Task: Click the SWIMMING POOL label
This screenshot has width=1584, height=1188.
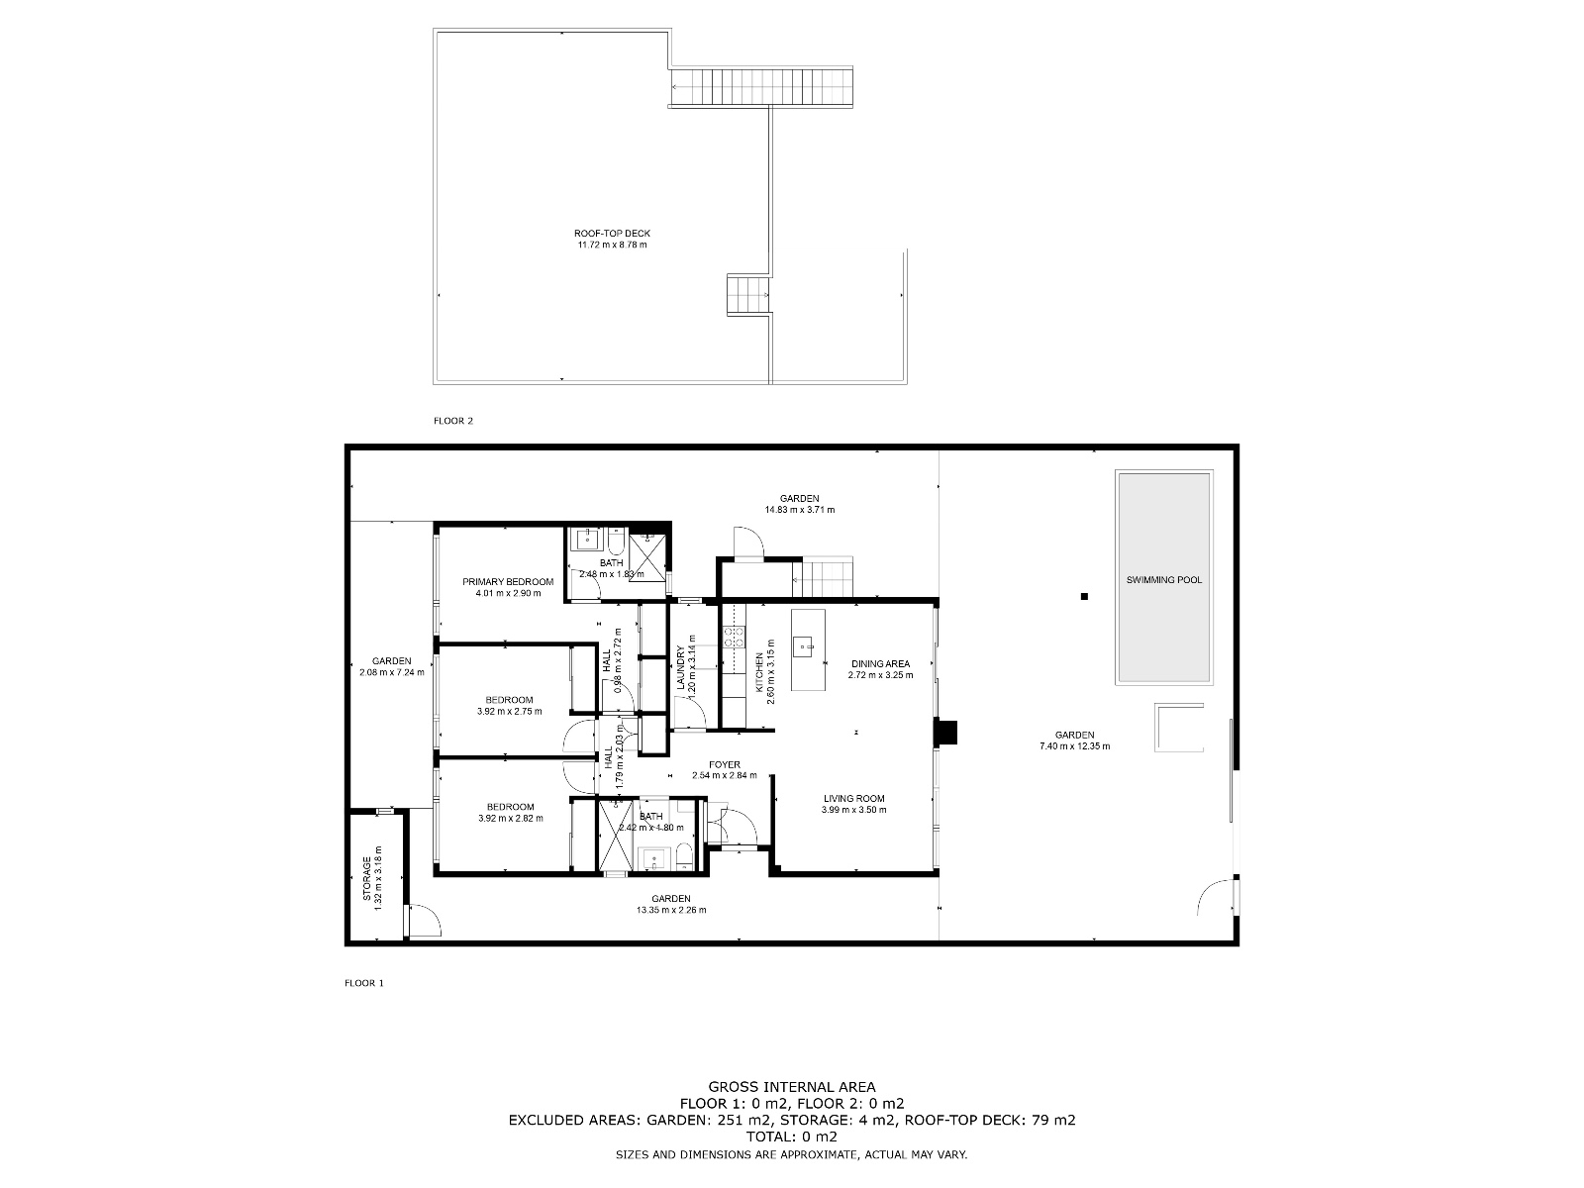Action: point(1163,580)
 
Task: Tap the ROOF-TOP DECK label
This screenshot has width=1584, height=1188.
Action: point(612,234)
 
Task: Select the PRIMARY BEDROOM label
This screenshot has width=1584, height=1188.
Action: point(508,582)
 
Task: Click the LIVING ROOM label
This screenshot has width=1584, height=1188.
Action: point(853,798)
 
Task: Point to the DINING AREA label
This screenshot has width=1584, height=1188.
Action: point(880,663)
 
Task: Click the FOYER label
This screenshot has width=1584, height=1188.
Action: point(724,764)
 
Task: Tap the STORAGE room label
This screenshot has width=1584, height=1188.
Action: point(366,878)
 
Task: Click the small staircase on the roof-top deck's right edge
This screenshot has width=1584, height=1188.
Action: point(748,295)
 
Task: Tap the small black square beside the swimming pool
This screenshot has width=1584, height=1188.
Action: point(1084,596)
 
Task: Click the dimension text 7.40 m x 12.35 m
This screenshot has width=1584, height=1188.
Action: point(1074,746)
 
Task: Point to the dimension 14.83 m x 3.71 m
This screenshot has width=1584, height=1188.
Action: point(799,511)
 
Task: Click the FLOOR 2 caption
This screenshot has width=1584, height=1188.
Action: point(453,421)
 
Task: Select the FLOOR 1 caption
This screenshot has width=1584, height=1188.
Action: point(363,983)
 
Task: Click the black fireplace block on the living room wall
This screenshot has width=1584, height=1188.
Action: point(946,731)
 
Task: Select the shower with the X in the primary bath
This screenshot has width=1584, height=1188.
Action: point(647,552)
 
